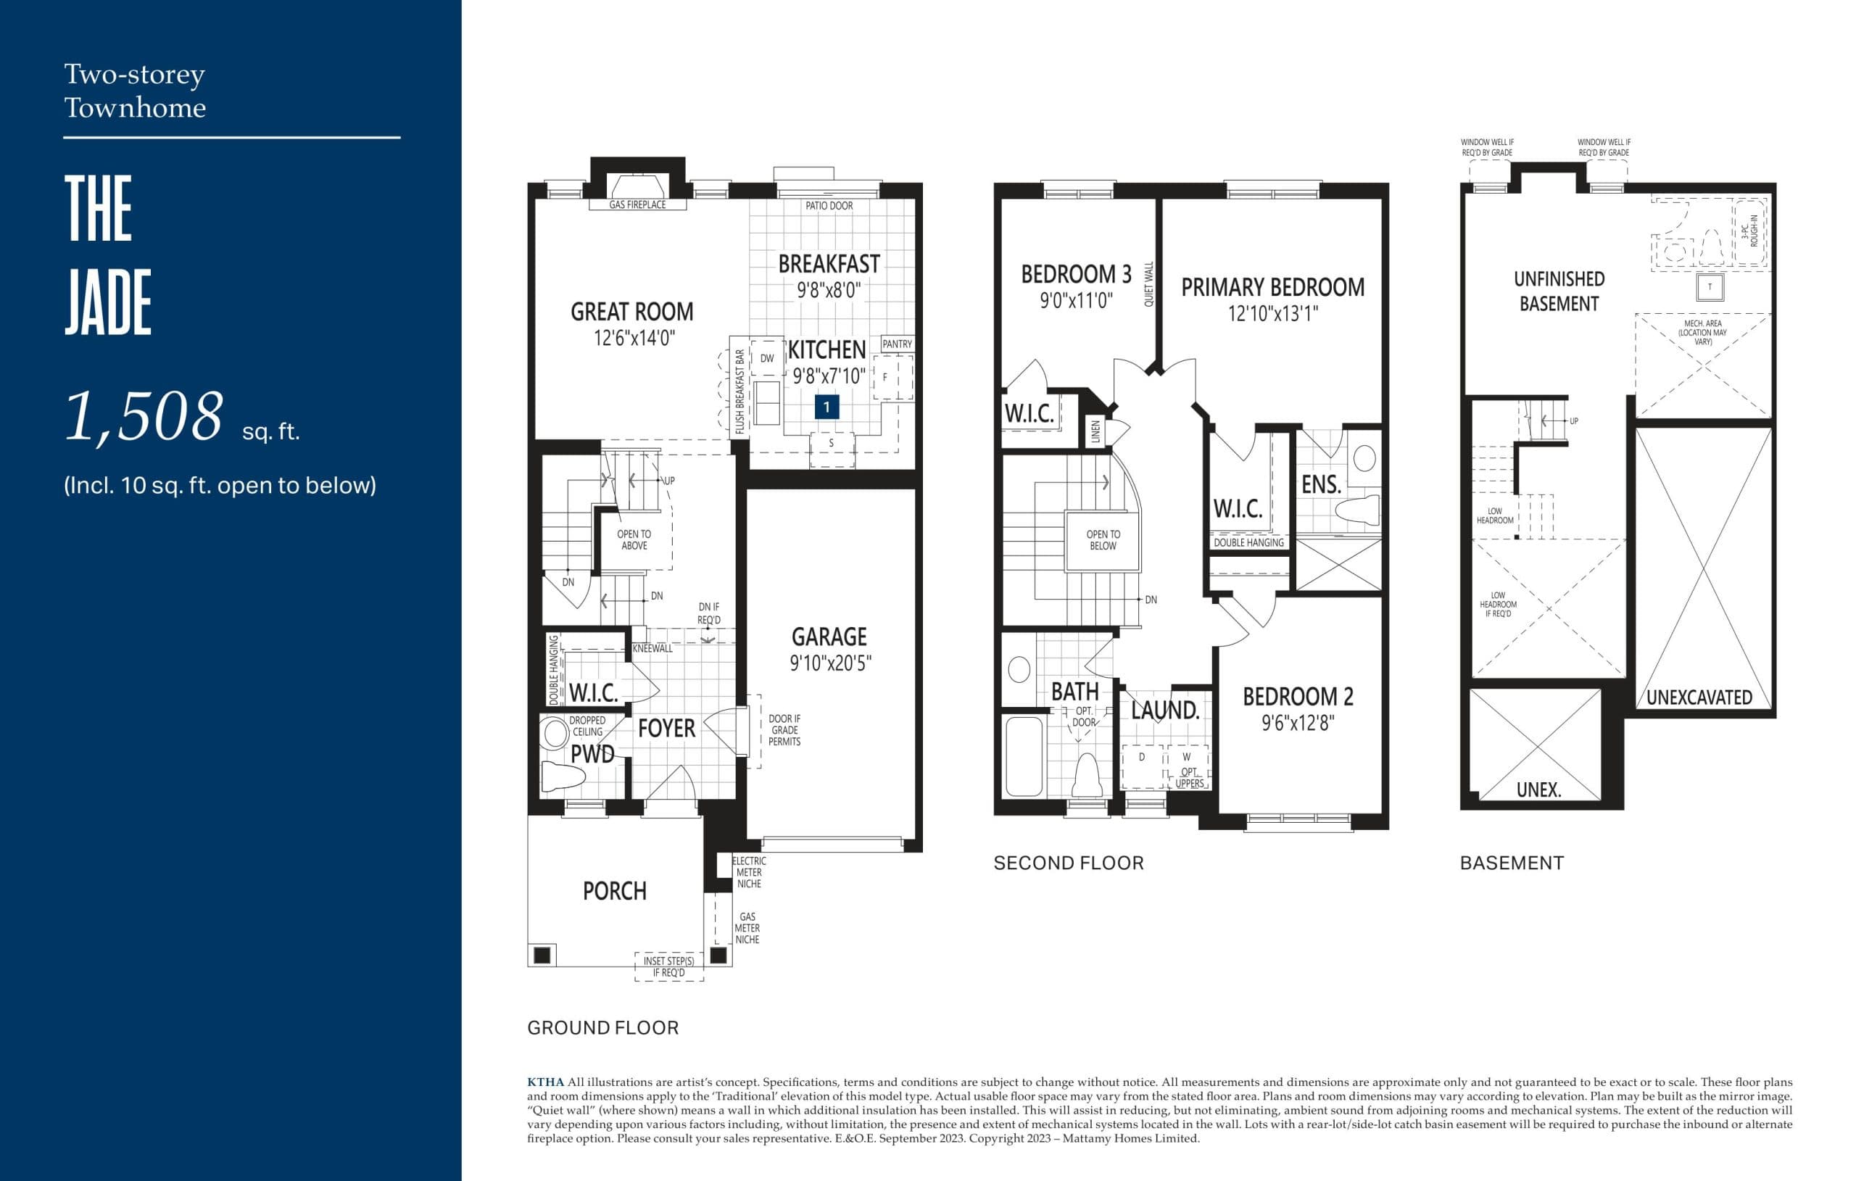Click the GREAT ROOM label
point(631,312)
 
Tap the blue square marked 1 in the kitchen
point(826,406)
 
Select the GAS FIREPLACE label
point(637,204)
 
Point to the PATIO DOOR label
point(829,206)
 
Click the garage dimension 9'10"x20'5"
point(829,663)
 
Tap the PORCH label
point(614,891)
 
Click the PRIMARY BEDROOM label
point(1272,288)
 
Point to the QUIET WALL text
point(1148,284)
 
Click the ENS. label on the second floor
point(1321,485)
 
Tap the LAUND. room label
point(1164,710)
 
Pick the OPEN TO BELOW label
point(1103,539)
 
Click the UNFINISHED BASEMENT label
point(1559,291)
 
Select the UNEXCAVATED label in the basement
point(1699,697)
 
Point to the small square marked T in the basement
point(1710,287)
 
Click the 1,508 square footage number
point(144,417)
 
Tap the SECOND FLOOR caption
point(1068,863)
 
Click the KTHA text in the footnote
point(545,1082)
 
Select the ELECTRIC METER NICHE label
point(748,872)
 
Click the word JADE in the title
point(108,302)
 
